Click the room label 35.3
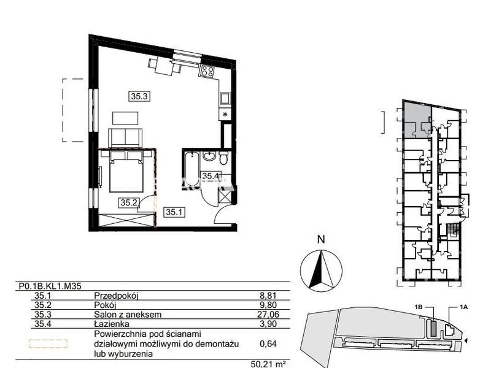(139, 96)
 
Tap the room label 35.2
(129, 203)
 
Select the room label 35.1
(174, 212)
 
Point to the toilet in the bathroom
(223, 158)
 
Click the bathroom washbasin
(209, 156)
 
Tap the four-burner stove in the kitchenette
(207, 71)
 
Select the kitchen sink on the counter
(225, 98)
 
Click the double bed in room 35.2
(126, 172)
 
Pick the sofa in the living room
(125, 137)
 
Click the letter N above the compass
(321, 240)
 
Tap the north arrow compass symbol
(321, 270)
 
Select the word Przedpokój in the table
(116, 296)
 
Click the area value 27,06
(268, 314)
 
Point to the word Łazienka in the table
(112, 324)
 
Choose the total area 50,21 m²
(268, 364)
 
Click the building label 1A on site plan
(464, 307)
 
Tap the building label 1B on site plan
(419, 307)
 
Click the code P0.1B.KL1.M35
(50, 286)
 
